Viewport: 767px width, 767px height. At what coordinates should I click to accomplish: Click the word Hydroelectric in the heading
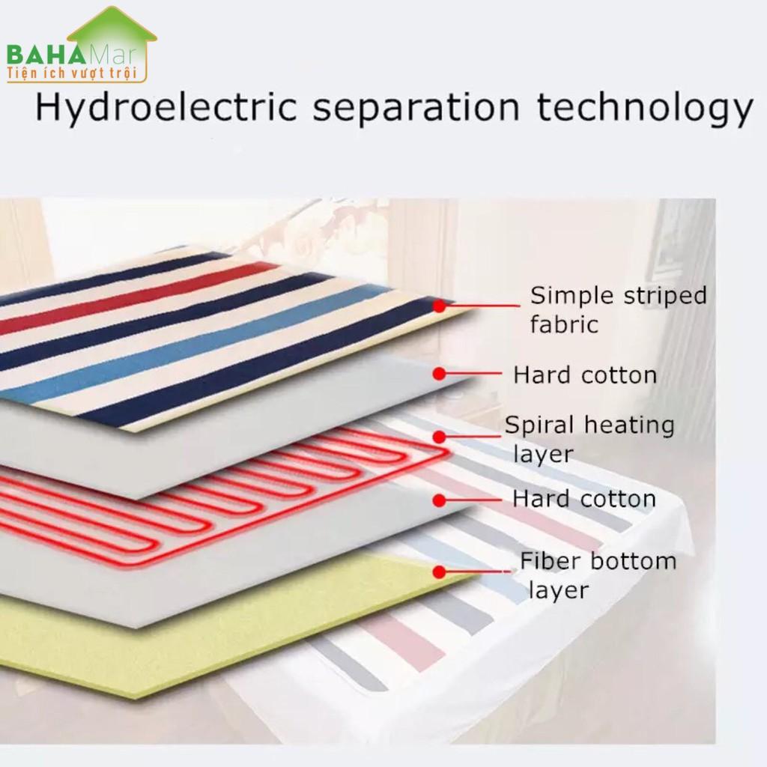[x=166, y=107]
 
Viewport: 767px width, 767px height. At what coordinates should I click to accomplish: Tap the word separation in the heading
[x=416, y=108]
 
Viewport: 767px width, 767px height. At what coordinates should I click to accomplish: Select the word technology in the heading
[x=645, y=108]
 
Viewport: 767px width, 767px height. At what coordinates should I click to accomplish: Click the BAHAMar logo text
[x=70, y=55]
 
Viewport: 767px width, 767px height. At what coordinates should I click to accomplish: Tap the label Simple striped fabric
[x=618, y=309]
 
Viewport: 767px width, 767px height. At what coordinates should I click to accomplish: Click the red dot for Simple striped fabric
[x=439, y=306]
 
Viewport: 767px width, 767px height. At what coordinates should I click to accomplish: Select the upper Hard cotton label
[x=584, y=375]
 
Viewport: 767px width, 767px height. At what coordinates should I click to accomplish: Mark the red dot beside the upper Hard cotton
[x=439, y=374]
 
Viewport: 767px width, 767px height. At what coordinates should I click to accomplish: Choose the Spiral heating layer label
[x=589, y=439]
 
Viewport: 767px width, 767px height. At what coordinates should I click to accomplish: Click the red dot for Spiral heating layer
[x=439, y=437]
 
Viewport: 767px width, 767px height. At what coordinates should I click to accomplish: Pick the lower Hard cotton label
[x=584, y=499]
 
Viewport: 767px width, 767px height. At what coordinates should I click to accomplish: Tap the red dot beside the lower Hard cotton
[x=439, y=500]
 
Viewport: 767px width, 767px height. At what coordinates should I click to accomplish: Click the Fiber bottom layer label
[x=598, y=575]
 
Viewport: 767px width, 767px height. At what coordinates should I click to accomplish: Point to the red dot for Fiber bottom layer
[x=439, y=572]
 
